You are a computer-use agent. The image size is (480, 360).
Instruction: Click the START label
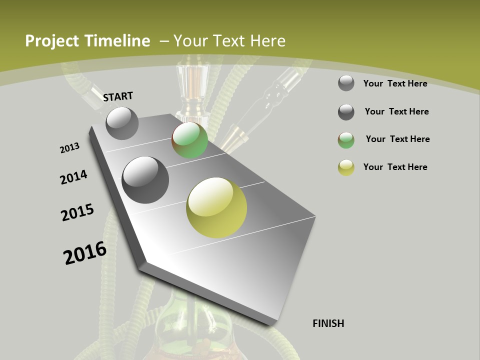pyautogui.click(x=118, y=96)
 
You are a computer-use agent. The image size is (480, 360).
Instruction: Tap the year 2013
pyautogui.click(x=69, y=148)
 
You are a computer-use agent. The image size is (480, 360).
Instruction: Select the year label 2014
pyautogui.click(x=73, y=177)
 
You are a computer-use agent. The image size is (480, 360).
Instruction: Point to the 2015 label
pyautogui.click(x=77, y=212)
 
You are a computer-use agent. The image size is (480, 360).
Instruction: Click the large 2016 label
pyautogui.click(x=85, y=252)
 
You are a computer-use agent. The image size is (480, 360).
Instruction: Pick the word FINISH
pyautogui.click(x=328, y=323)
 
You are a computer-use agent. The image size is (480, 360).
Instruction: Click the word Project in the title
pyautogui.click(x=51, y=41)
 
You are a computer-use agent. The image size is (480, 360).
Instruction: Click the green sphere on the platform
pyautogui.click(x=190, y=140)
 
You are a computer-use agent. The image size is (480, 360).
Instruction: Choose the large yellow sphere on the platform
pyautogui.click(x=216, y=207)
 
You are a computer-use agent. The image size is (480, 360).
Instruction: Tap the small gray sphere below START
pyautogui.click(x=122, y=123)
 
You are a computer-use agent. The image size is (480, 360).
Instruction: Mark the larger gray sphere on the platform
pyautogui.click(x=145, y=180)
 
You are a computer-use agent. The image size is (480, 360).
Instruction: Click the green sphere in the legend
pyautogui.click(x=346, y=140)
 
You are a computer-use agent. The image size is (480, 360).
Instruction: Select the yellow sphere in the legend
pyautogui.click(x=346, y=167)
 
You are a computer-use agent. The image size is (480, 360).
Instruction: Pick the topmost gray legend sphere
pyautogui.click(x=346, y=83)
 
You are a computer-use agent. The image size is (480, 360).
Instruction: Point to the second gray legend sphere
pyautogui.click(x=346, y=112)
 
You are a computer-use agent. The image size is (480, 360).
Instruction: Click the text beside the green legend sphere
pyautogui.click(x=397, y=139)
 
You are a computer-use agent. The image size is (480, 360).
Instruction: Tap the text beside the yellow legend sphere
pyautogui.click(x=395, y=167)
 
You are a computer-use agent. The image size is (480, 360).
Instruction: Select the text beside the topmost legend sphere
pyautogui.click(x=395, y=83)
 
